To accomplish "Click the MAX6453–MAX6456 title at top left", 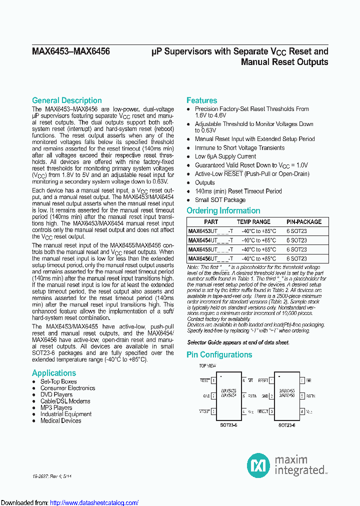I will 71,51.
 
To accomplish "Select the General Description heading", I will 66,100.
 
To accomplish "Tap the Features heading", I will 201,100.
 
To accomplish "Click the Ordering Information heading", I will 223,210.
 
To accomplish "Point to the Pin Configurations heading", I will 219,354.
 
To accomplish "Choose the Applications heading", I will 54,373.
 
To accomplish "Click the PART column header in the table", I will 211,221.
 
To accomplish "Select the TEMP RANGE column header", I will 253,221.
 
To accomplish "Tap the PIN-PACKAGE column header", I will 304,221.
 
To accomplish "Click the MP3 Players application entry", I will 56,407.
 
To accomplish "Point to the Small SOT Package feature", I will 220,199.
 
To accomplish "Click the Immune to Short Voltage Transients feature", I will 239,147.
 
